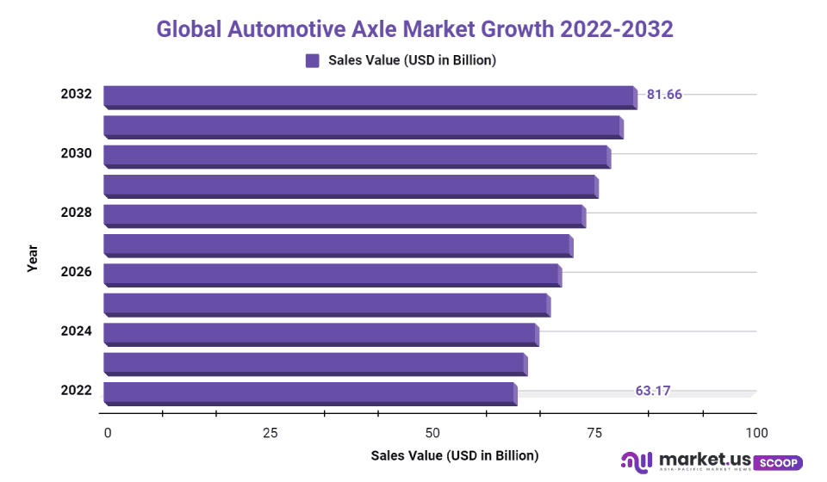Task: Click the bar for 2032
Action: [369, 96]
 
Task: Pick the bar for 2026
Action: [331, 275]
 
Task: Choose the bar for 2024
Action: [320, 334]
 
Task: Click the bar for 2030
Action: [356, 156]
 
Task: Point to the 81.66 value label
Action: [664, 95]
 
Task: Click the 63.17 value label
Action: [653, 391]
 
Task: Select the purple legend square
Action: [313, 60]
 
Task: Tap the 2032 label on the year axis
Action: [76, 95]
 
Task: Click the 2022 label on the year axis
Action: [76, 391]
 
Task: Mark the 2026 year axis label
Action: [76, 272]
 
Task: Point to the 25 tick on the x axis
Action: [270, 433]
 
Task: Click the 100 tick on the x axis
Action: [755, 433]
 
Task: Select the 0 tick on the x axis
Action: [108, 433]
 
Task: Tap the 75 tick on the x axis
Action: [594, 433]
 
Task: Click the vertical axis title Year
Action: [33, 259]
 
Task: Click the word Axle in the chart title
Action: [375, 28]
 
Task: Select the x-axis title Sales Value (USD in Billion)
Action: [454, 455]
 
